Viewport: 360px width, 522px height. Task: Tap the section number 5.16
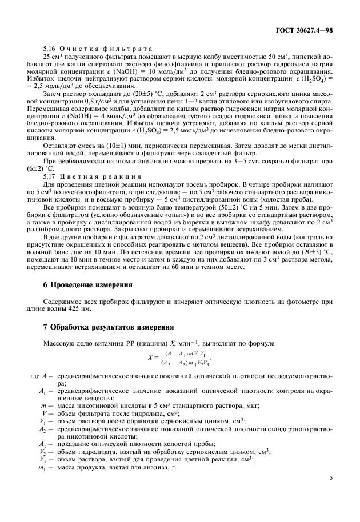(52, 49)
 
